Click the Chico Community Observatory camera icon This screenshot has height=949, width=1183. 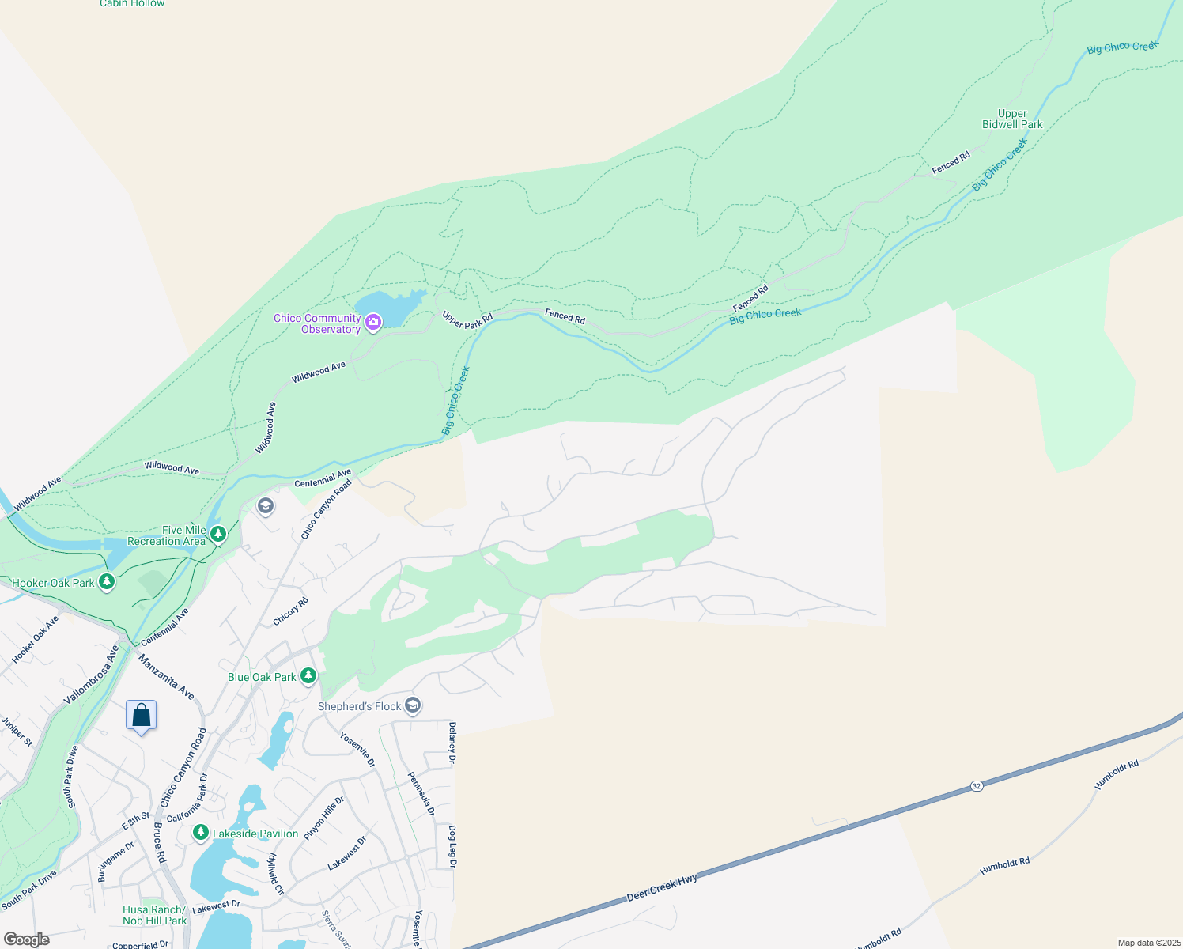point(373,322)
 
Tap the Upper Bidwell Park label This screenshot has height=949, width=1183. point(1012,119)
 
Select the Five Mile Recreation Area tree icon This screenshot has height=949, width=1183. point(218,535)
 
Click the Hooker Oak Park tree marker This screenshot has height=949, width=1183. point(107,582)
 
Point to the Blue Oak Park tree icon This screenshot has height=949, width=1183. point(308,676)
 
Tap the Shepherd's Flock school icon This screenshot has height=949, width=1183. point(412,705)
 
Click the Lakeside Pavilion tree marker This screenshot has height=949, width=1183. point(201,833)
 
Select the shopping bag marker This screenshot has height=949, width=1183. point(141,716)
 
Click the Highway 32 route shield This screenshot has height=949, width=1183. point(977,786)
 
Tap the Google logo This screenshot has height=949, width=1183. point(26,940)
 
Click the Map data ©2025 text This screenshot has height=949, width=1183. point(1148,943)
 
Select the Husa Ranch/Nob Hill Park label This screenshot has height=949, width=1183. point(155,915)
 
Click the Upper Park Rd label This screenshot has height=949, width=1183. point(467,320)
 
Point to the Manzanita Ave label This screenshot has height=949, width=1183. point(166,676)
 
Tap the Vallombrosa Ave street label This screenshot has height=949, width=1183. point(92,675)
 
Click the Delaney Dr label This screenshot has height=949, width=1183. point(452,743)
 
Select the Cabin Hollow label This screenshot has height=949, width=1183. point(132,4)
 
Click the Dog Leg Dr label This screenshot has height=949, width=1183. point(452,846)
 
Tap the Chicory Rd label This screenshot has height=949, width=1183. point(291,612)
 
